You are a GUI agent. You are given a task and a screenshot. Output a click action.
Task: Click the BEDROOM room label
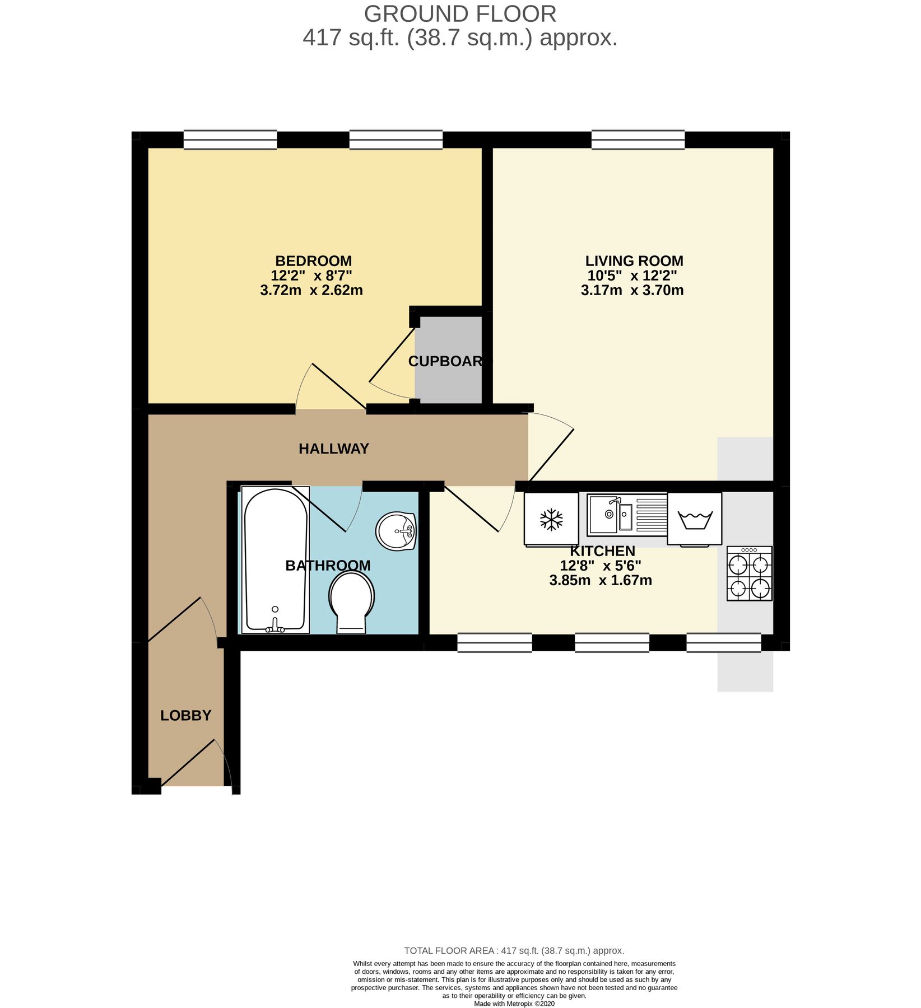313,261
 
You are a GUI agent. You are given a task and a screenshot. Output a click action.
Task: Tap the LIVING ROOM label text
634,261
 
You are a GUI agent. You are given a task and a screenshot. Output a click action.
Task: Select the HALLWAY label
334,449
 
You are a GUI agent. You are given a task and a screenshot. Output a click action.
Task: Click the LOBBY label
186,715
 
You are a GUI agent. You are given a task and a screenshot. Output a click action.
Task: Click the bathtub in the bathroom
275,560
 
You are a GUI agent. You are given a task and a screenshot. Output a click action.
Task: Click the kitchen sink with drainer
627,514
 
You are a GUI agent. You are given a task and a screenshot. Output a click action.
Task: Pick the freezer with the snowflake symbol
551,519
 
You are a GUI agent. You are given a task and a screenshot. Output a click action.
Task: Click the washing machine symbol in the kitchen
695,519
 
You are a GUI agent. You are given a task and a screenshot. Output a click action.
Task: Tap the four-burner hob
750,574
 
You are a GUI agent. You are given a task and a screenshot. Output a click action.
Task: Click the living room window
638,140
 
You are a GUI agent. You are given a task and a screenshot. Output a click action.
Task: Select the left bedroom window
230,140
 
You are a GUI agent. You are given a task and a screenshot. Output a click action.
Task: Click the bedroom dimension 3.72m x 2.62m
311,291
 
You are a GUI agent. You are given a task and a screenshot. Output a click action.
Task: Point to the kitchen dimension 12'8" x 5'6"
601,566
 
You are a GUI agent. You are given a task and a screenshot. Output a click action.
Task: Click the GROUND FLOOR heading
460,14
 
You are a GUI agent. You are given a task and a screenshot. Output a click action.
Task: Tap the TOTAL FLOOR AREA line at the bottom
514,950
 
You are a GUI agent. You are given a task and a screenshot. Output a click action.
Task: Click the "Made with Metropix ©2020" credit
514,1004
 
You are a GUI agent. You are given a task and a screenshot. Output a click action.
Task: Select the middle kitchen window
612,643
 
